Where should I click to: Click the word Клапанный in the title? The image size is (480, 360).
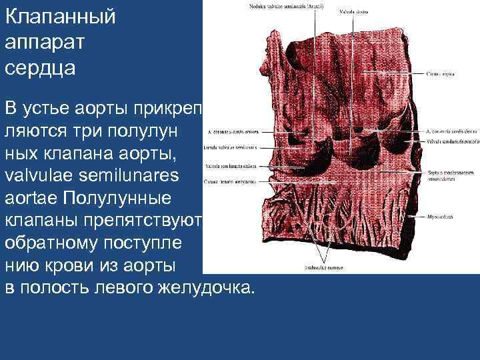(x=60, y=17)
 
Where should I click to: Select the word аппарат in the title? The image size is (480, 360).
(x=45, y=42)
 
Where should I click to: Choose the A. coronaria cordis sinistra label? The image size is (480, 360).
(x=232, y=131)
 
